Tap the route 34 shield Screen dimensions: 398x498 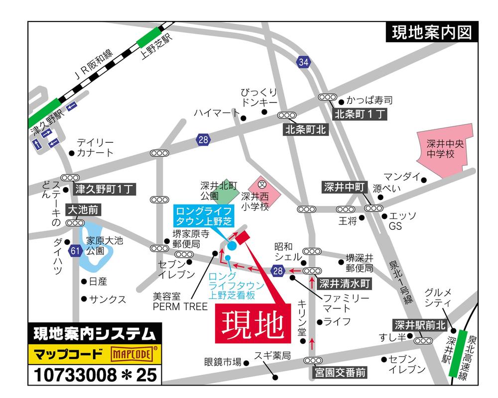(x=304, y=62)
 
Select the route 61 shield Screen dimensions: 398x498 (x=75, y=250)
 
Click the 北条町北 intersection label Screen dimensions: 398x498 (x=305, y=130)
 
